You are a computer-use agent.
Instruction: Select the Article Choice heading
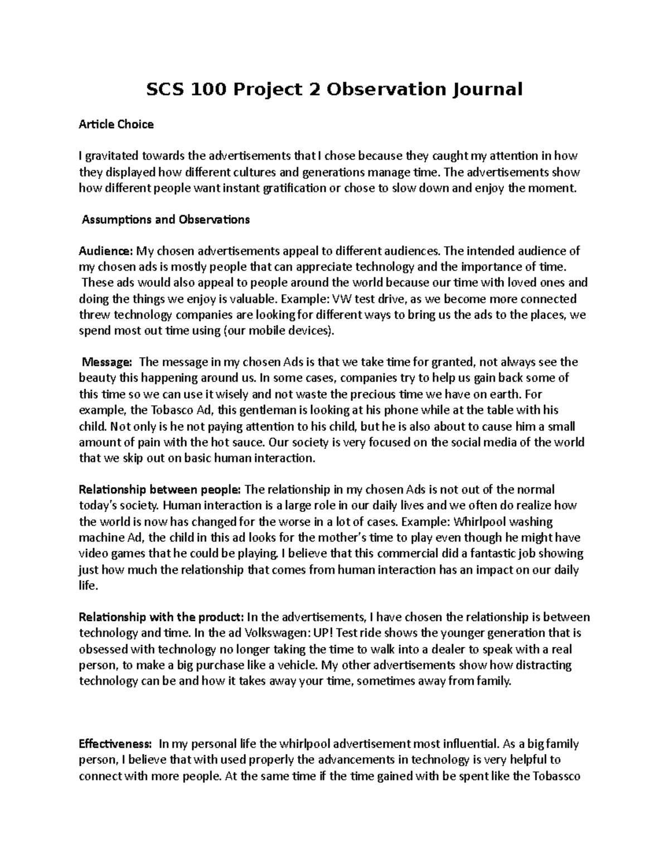click(116, 124)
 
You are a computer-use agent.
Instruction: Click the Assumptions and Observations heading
click(166, 220)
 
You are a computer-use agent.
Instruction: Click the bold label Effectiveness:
click(115, 744)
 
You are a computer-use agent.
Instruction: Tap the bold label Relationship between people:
click(160, 490)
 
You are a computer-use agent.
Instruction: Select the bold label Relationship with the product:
click(161, 617)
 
